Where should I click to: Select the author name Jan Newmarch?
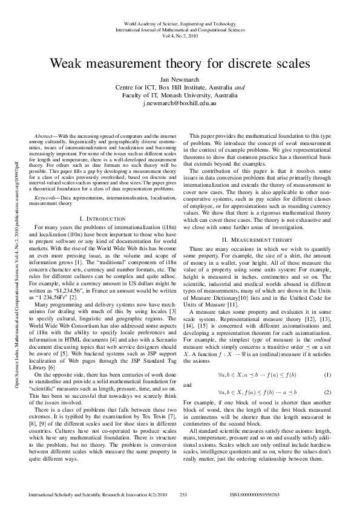[180, 79]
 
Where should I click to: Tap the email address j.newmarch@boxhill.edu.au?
[180, 103]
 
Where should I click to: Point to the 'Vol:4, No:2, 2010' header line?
[180, 36]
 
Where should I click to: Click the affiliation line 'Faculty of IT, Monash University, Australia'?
[180, 96]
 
